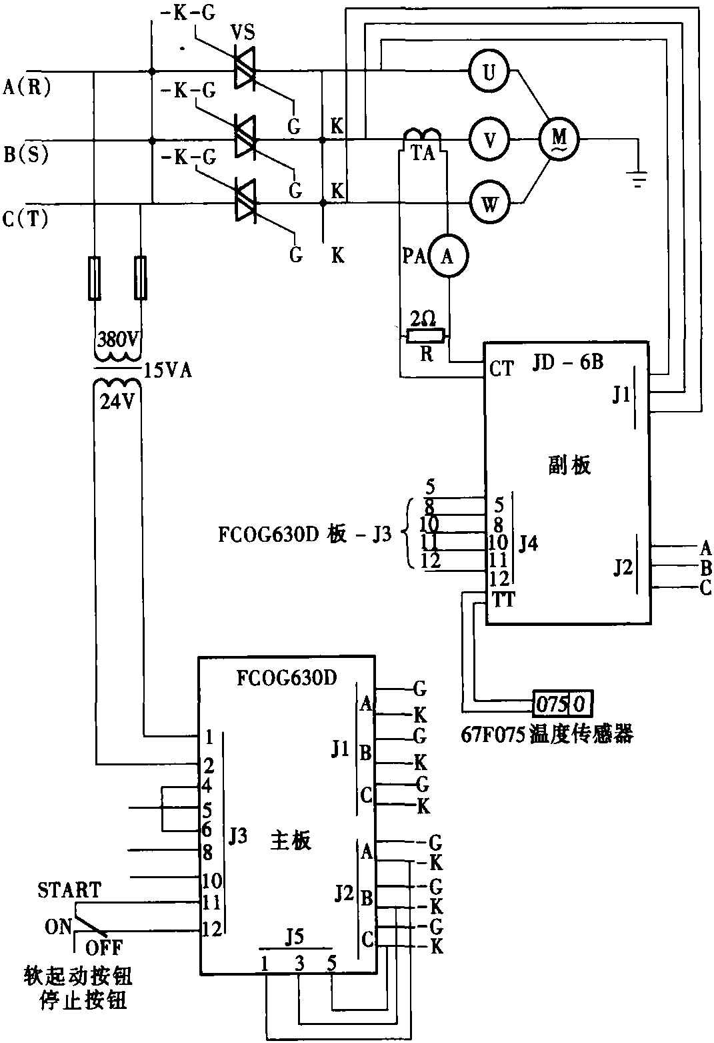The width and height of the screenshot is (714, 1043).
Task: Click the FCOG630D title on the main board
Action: (x=287, y=678)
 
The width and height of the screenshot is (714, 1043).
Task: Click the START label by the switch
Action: (x=69, y=890)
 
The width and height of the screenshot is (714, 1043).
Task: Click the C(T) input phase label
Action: (x=25, y=220)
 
